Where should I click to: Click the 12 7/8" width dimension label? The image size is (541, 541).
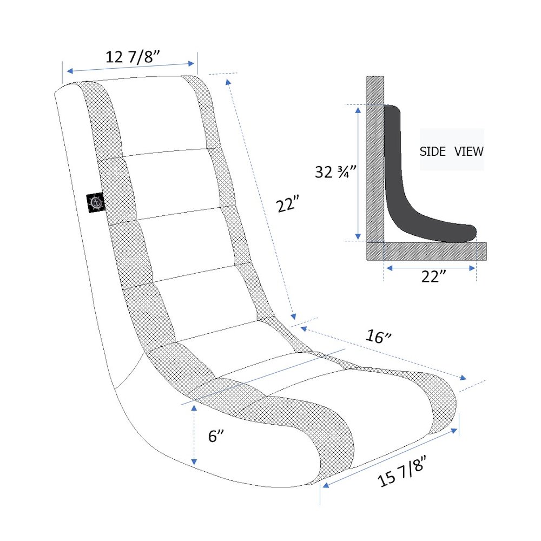point(133,57)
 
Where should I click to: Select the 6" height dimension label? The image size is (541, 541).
point(216,436)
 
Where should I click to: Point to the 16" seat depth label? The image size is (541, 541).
point(378,337)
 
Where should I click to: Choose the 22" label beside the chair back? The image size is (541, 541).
point(287,204)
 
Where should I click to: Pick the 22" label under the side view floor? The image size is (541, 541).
point(433,276)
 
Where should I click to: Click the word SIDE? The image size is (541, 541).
point(433,151)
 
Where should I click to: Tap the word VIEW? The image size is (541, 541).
point(469,151)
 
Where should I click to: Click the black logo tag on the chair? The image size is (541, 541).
point(96,202)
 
